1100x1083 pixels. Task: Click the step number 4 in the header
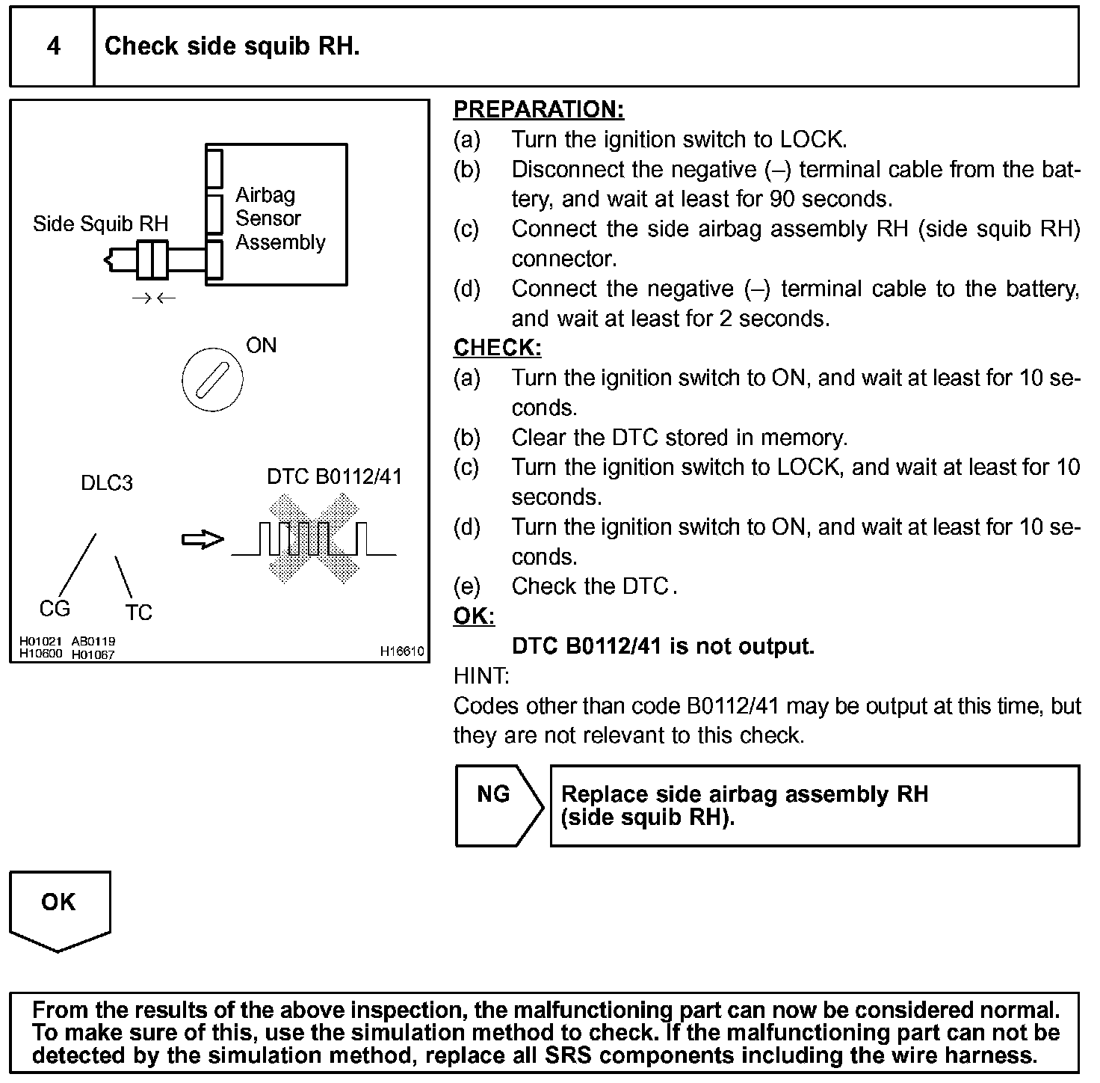point(54,46)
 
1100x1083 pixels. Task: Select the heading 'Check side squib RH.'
point(232,46)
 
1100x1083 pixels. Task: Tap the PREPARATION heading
point(538,110)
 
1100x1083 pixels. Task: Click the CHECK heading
point(497,348)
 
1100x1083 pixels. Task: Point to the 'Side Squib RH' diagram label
point(101,224)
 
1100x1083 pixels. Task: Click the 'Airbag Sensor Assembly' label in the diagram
point(280,218)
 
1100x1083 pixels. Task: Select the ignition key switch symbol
point(212,379)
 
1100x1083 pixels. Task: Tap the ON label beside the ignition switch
point(262,346)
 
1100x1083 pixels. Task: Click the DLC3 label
point(107,483)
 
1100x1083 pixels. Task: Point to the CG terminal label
point(55,609)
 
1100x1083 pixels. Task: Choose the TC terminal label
point(139,613)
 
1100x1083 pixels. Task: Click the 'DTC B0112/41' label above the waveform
point(334,477)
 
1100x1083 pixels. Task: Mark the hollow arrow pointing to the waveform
point(203,539)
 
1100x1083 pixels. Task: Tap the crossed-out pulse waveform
point(314,539)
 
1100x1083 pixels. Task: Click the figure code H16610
point(402,651)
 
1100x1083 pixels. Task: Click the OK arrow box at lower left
point(59,909)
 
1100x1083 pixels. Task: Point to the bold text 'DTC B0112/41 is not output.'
point(663,646)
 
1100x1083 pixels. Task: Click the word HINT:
point(481,676)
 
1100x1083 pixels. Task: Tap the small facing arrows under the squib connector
point(153,298)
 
